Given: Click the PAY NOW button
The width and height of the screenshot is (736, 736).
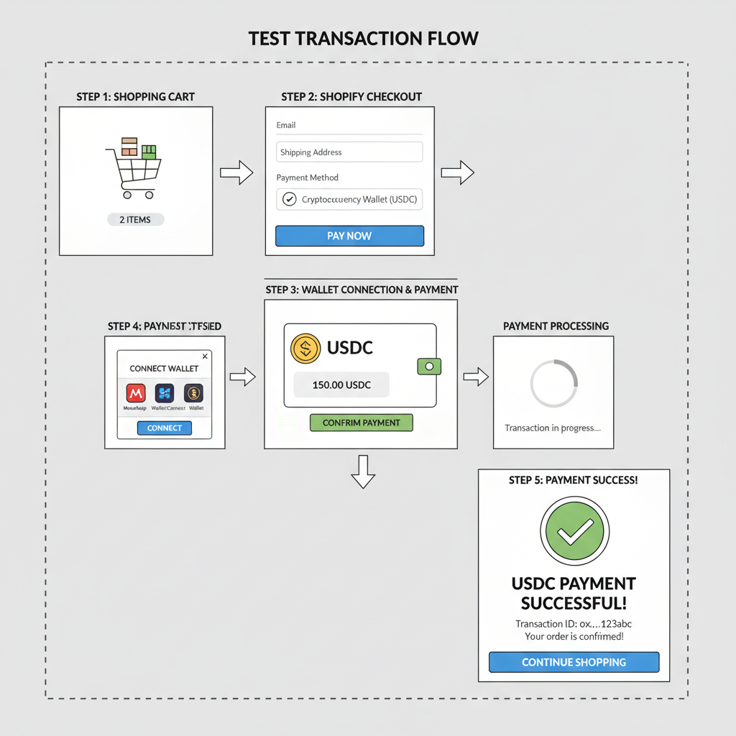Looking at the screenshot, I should [349, 236].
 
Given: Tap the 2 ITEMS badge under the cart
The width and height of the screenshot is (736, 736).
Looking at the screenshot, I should [135, 219].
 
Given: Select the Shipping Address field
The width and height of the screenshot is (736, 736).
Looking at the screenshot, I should [349, 152].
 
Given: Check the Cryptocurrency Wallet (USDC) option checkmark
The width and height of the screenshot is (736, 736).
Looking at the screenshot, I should [289, 199].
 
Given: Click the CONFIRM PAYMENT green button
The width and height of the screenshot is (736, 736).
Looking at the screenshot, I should [361, 423].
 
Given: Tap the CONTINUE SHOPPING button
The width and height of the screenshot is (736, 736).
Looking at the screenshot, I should [574, 662].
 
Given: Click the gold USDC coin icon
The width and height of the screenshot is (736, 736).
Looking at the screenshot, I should [305, 348].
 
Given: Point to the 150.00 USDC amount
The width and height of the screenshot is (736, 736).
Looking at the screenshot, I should [341, 385].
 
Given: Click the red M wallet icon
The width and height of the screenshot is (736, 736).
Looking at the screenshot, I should [136, 393].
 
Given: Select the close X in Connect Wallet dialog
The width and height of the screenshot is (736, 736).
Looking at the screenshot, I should [205, 356].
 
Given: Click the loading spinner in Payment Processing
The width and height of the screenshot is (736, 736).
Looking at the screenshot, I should [553, 384].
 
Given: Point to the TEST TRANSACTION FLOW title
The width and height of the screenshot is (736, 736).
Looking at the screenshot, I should [363, 38].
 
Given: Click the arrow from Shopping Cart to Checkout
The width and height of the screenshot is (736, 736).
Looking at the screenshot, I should [236, 172].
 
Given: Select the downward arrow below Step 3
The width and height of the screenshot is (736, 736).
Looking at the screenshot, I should [362, 471].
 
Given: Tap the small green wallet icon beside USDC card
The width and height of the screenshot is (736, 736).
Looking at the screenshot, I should [428, 366].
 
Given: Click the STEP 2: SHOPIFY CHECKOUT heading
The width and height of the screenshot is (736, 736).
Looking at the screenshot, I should [351, 96].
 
